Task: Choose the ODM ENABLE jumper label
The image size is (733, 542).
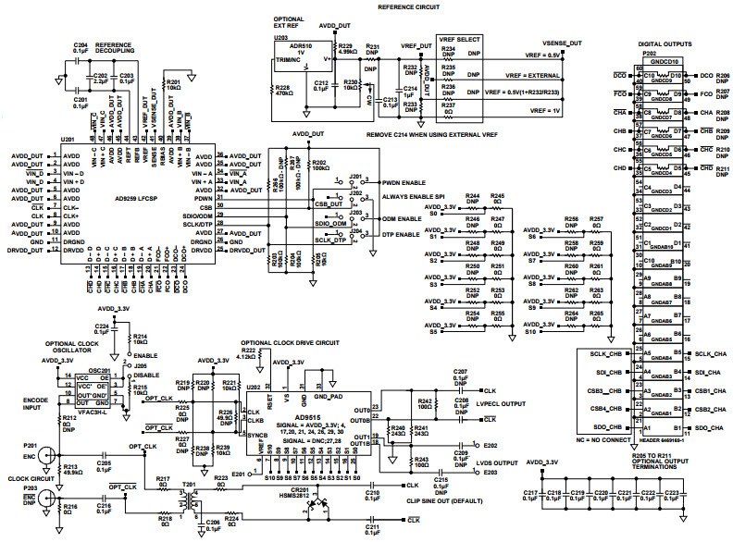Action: (x=400, y=218)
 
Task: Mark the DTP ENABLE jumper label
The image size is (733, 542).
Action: (x=400, y=237)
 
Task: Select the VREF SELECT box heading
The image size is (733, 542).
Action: (x=459, y=41)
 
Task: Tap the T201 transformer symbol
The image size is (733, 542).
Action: (x=193, y=500)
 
